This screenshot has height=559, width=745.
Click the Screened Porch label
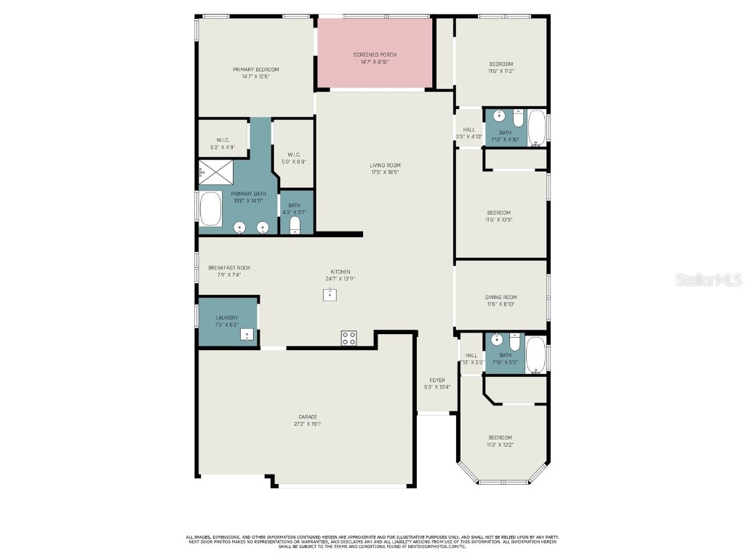[x=375, y=55]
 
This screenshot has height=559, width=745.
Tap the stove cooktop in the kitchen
[x=349, y=338]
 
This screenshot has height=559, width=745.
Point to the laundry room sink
[x=247, y=336]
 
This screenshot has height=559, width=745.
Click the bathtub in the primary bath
[x=210, y=209]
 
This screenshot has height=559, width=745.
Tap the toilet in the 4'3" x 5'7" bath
[x=295, y=226]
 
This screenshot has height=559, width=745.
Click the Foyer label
[x=437, y=380]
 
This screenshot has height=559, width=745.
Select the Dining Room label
[x=501, y=297]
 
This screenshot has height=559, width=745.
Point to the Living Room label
[x=385, y=165]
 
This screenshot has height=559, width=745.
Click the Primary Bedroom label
[x=255, y=70]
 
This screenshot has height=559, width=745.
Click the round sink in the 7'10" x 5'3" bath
[x=497, y=340]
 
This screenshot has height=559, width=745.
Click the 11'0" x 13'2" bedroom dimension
[x=501, y=444]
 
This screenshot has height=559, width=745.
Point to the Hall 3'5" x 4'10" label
[x=469, y=133]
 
